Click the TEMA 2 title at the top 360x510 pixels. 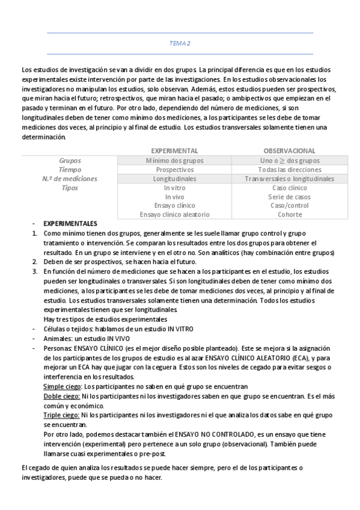click(180, 43)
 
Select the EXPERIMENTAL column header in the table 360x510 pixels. click(174, 151)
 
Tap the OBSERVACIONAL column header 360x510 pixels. click(290, 151)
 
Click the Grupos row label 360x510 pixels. click(70, 161)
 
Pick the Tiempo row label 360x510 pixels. click(70, 170)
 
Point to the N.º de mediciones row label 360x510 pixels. click(70, 179)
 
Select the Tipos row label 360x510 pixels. click(70, 188)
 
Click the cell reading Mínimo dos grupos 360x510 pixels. click(174, 161)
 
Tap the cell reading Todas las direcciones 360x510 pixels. click(290, 170)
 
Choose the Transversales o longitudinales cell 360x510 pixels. click(290, 179)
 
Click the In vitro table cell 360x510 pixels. click(174, 188)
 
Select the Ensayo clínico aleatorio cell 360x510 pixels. click(174, 214)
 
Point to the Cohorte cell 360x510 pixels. click(290, 214)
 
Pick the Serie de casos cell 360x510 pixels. click(290, 197)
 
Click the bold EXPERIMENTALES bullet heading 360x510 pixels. click(71, 223)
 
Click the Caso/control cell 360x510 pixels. click(290, 206)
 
